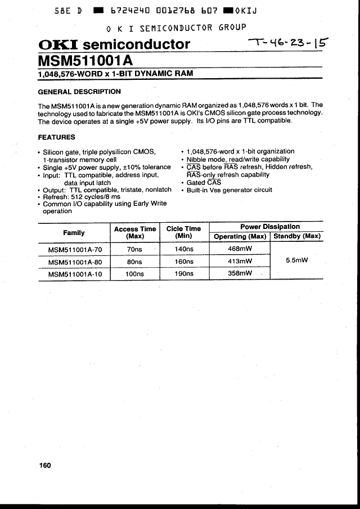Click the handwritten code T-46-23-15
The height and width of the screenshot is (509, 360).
coord(289,43)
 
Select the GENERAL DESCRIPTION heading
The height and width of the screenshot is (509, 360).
coord(79,92)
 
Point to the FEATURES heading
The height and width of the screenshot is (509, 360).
coord(56,137)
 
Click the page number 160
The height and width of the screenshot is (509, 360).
coord(45,465)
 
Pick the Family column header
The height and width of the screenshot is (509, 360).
coord(74,232)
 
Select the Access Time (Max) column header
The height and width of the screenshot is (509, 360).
coord(135,232)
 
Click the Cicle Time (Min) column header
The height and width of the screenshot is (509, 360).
coord(183,232)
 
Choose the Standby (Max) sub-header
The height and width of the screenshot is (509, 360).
coord(296,236)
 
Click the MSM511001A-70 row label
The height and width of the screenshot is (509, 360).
coord(75,249)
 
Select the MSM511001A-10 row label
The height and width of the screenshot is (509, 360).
coord(75,274)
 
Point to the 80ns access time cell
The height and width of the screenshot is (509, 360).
coord(134,262)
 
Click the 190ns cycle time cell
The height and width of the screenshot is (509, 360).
coord(184,274)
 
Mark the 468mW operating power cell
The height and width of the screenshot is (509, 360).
coord(240,249)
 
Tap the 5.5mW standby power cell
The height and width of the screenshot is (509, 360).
coord(296,261)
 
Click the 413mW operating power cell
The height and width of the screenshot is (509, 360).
coord(240,262)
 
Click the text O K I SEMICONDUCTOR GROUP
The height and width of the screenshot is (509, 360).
coord(176,28)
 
